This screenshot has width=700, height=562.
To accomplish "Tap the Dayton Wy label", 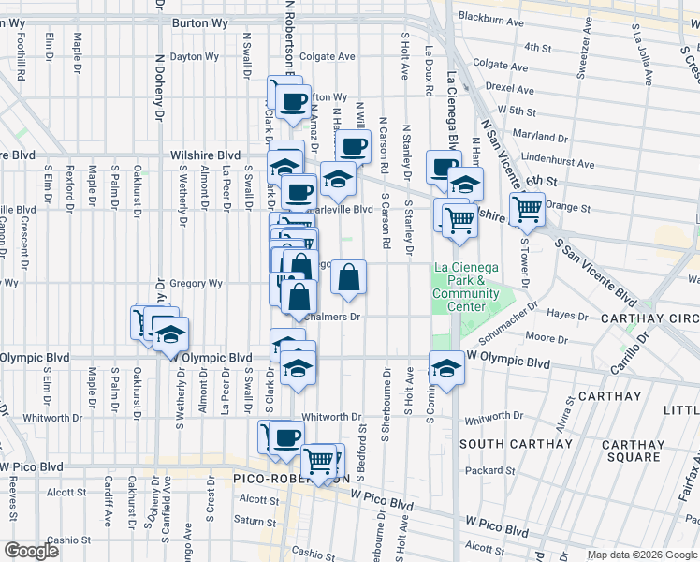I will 194,57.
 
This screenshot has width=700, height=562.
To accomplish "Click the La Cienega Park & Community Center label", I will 459,287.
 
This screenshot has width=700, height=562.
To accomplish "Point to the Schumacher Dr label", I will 511,318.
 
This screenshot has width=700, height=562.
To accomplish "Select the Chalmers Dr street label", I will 333,317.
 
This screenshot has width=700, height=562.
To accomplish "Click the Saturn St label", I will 250,520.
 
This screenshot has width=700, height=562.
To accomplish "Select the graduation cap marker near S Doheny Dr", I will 170,333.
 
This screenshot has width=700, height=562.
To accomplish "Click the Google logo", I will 32,551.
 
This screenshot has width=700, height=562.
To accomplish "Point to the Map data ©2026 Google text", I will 641,555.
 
